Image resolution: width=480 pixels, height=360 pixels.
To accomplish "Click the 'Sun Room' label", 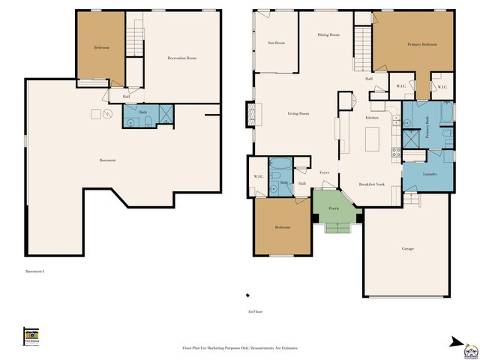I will click(x=276, y=43).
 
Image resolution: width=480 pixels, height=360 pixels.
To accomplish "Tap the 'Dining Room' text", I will click(x=328, y=34).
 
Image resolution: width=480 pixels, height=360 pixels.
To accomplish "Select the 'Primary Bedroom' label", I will click(x=422, y=45).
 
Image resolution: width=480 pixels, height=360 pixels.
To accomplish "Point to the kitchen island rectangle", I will click(x=370, y=139).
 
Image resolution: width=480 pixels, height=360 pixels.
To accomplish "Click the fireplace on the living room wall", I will click(x=251, y=115).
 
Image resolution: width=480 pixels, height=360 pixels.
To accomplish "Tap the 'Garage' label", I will click(x=407, y=248).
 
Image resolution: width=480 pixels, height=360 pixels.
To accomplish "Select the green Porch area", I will click(x=334, y=209).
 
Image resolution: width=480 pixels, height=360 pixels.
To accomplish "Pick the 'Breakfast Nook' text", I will click(x=372, y=184).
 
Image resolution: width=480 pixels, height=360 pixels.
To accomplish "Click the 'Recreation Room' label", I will click(x=181, y=58).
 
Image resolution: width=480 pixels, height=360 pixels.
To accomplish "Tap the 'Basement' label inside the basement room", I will click(x=107, y=160).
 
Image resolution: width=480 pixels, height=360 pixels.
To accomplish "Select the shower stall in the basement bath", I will click(x=165, y=115).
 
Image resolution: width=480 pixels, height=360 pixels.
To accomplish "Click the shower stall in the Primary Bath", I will click(x=412, y=138).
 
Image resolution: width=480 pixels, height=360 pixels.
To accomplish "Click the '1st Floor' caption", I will click(x=255, y=310).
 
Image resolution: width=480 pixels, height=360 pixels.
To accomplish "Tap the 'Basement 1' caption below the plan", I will click(x=35, y=271).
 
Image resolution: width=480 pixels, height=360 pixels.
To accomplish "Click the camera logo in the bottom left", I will click(x=31, y=335).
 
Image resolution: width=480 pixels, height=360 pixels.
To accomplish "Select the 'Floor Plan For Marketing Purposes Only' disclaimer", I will click(x=240, y=348).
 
